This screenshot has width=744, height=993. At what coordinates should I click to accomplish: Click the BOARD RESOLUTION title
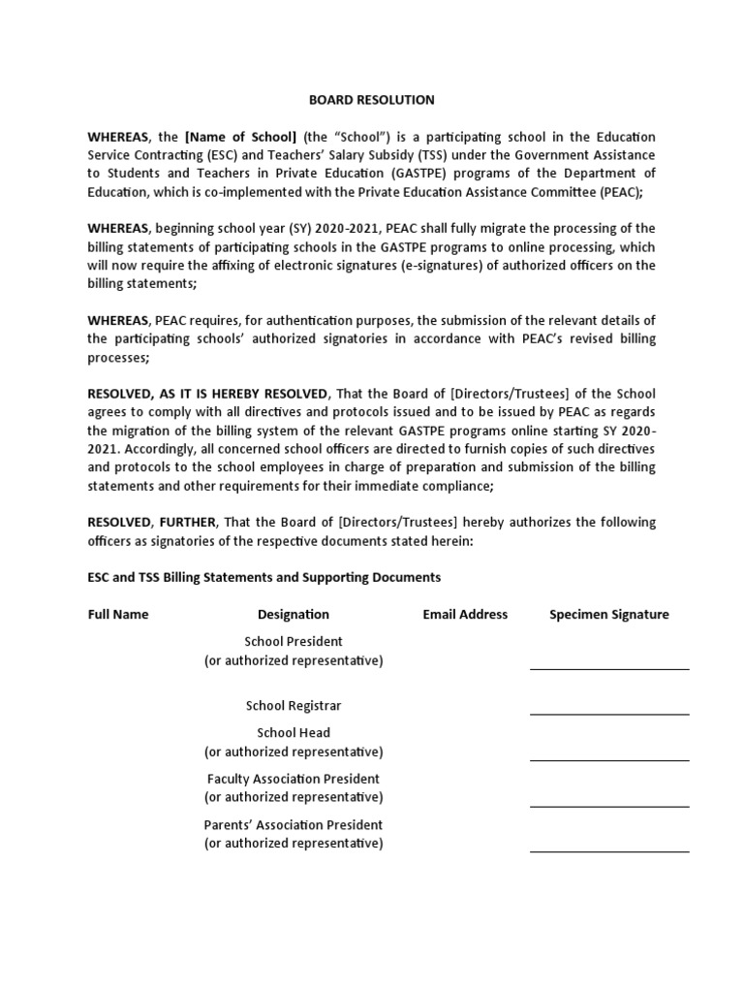372,100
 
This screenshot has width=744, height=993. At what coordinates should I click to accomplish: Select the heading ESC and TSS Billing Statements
263,578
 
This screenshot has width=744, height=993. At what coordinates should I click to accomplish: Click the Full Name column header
118,615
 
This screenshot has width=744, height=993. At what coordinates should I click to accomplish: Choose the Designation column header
294,615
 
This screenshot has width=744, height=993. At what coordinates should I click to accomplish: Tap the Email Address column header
465,615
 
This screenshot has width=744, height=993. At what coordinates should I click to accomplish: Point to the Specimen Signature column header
609,615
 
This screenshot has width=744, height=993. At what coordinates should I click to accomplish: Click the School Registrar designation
294,706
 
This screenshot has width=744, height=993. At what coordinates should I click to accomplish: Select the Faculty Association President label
294,779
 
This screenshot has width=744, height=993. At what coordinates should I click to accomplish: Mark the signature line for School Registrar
609,714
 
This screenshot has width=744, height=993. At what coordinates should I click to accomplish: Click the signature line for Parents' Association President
609,851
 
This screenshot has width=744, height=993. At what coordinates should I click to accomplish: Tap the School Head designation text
294,733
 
